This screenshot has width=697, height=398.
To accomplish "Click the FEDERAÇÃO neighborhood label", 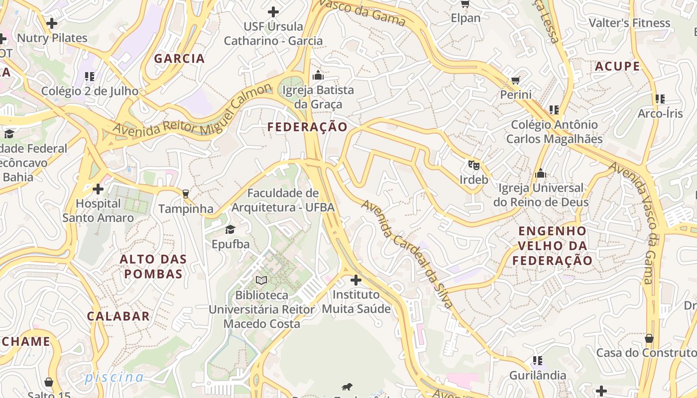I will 307,127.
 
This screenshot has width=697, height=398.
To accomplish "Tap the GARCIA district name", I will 179,58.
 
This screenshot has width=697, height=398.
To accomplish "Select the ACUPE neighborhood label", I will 617,66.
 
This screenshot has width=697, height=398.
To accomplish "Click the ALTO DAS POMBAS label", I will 153,266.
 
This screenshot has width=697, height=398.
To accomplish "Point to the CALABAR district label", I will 118,316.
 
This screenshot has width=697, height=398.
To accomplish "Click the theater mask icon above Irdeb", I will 473,164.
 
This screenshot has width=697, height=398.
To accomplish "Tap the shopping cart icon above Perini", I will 516,80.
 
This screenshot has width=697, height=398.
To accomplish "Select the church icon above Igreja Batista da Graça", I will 318,76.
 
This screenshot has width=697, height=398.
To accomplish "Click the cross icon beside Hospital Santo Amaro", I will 98,189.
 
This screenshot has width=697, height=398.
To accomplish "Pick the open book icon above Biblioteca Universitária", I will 261,280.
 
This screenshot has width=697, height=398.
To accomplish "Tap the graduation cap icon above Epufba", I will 230,229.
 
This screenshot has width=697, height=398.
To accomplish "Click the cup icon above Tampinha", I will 186,194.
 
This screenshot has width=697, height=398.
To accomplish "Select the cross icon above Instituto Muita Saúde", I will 356,280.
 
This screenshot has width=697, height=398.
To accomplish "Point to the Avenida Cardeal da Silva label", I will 407,254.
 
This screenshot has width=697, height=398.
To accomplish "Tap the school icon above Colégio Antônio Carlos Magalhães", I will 554,109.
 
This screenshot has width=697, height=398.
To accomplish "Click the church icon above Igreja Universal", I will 541,173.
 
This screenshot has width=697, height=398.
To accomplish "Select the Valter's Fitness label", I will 629,23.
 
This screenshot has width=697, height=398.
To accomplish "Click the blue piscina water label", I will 114,377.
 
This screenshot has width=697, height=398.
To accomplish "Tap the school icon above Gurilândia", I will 537,360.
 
